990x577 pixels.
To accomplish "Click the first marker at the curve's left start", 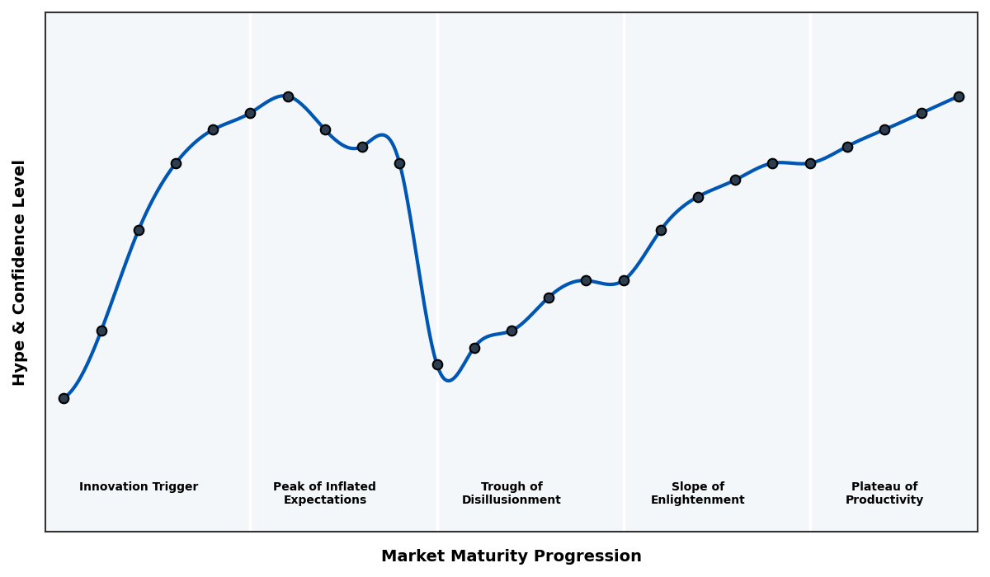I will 64,398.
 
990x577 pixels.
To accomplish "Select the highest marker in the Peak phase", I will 288,96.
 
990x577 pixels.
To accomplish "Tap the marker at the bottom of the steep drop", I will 437,364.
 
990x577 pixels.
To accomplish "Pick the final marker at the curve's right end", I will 959,96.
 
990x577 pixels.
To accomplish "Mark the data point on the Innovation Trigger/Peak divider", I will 250,113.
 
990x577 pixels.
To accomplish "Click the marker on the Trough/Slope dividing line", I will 624,280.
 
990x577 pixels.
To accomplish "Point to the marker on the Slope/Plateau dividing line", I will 810,163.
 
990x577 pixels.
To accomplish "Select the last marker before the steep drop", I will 399,163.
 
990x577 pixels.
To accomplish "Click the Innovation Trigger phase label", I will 139,487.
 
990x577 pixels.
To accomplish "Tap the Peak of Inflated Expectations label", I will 324,493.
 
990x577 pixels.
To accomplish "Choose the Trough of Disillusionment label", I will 511,493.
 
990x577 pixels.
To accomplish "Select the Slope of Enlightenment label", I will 698,493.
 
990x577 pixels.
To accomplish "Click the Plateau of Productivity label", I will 884,493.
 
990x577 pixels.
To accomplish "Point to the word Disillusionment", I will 511,500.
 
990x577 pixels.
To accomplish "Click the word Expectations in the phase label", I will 324,500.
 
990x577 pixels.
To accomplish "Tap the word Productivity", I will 884,500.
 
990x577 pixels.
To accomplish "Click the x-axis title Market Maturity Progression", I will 511,556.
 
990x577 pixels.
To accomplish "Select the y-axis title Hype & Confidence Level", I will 20,272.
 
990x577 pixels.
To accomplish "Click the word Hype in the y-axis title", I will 20,366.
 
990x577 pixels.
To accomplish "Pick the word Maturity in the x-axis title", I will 502,556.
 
